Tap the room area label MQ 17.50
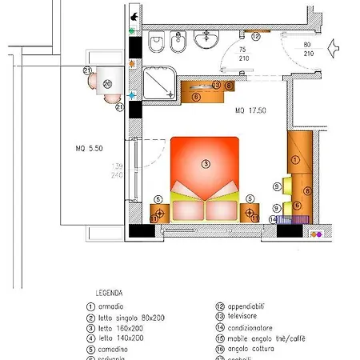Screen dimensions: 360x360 (250, 110)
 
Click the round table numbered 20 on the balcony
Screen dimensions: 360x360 (106, 82)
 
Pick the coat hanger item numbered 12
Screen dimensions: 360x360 (255, 37)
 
